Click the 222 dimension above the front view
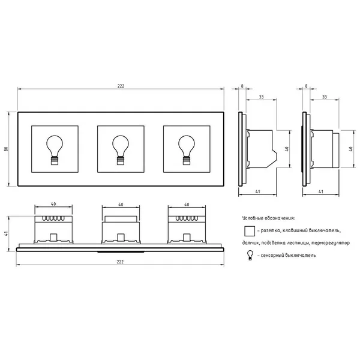(x=121, y=86)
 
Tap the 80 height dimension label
(x=6, y=149)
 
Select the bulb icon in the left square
(x=55, y=150)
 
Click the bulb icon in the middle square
(x=121, y=150)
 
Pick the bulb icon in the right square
(x=187, y=150)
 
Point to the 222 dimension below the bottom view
(x=120, y=262)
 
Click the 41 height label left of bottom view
(x=6, y=233)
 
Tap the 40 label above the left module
(x=53, y=204)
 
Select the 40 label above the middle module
(x=121, y=205)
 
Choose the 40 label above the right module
(x=187, y=205)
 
